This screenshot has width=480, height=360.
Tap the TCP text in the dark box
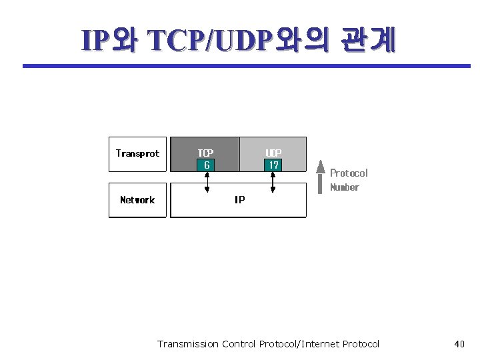coord(205,153)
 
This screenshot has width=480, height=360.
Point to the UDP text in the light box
coord(273,153)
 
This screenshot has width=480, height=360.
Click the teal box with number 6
coord(207,165)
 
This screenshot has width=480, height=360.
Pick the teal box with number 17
coord(273,165)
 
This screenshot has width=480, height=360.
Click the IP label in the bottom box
coord(239,200)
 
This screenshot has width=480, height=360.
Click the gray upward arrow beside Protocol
coord(321,176)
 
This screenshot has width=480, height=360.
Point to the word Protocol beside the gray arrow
coord(349,173)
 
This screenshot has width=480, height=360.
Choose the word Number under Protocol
coord(345,187)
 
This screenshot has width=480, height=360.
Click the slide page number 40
coord(459,344)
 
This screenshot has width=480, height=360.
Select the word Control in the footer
coord(239,344)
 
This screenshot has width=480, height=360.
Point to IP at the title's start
coord(93,41)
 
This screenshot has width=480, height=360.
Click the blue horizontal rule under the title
coord(247,66)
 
